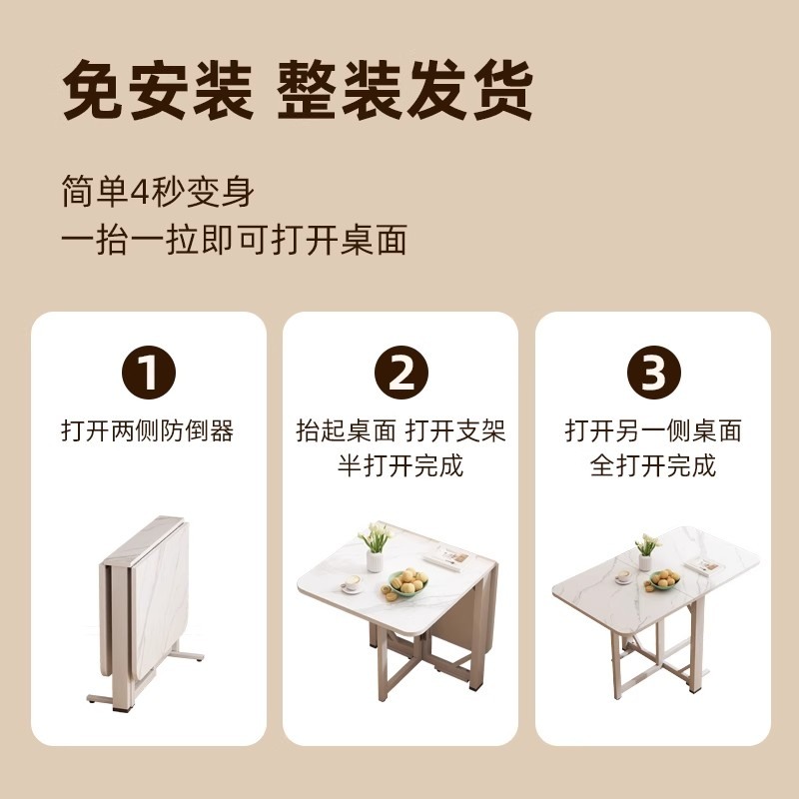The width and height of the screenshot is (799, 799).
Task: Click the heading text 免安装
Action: click(159, 92)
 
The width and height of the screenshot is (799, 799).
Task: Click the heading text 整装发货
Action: click(403, 92)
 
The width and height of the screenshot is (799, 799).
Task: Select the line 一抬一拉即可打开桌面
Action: click(234, 241)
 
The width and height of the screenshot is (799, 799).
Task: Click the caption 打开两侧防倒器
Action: click(148, 431)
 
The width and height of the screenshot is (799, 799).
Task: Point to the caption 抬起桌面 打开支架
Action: click(400, 431)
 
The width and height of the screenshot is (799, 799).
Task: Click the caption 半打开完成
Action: click(400, 465)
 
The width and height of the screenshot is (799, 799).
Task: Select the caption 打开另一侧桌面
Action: click(653, 431)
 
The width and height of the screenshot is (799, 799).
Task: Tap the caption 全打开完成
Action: click(653, 465)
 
